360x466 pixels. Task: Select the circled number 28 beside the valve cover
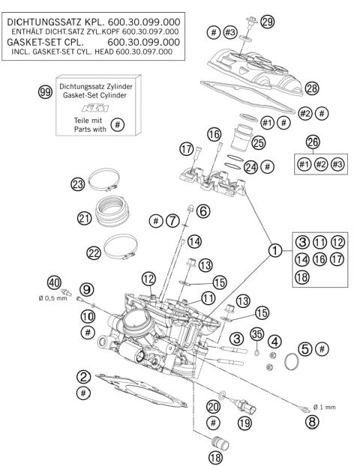311,88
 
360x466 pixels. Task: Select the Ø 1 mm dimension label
324,407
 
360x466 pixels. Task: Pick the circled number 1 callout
277,251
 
